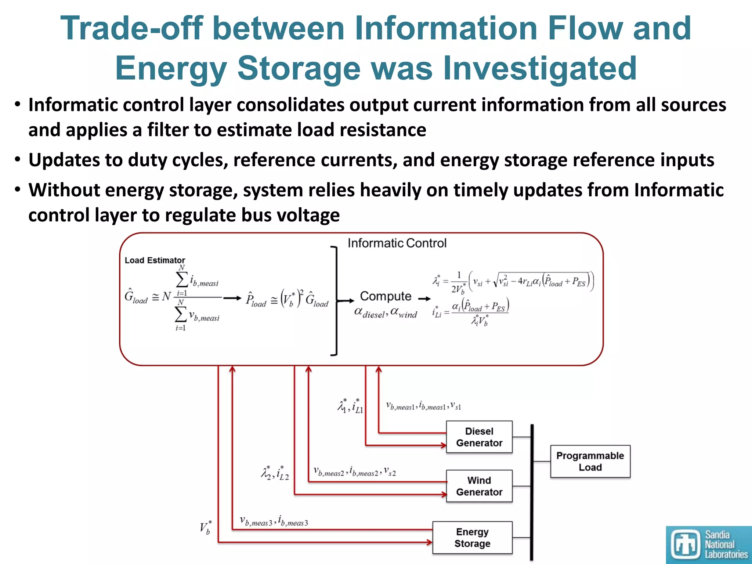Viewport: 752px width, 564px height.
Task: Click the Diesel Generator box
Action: pyautogui.click(x=479, y=437)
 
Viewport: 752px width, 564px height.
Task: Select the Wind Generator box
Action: pyautogui.click(x=479, y=486)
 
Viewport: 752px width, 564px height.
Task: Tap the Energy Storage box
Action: pyautogui.click(x=472, y=538)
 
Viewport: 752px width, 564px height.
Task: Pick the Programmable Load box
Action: pyautogui.click(x=590, y=462)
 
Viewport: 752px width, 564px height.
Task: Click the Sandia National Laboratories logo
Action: pyautogui.click(x=709, y=545)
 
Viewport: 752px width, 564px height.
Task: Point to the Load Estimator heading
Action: pyautogui.click(x=155, y=260)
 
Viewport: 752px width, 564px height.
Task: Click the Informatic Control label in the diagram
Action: pyautogui.click(x=397, y=243)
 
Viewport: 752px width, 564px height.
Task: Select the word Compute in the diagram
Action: pyautogui.click(x=386, y=296)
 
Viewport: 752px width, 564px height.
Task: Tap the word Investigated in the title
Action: pyautogui.click(x=540, y=68)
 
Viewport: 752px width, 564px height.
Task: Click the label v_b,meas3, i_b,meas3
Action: pyautogui.click(x=274, y=521)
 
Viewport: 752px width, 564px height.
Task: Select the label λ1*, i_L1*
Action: pyautogui.click(x=350, y=406)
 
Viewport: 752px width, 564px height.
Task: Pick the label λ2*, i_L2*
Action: pyautogui.click(x=275, y=473)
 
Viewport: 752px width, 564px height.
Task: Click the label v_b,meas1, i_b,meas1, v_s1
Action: pyautogui.click(x=423, y=406)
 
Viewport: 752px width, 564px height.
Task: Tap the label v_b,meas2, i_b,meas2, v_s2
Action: pyautogui.click(x=355, y=471)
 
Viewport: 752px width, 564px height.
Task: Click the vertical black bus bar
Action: pyautogui.click(x=532, y=492)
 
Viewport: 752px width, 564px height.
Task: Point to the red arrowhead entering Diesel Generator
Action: pyautogui.click(x=444, y=445)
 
